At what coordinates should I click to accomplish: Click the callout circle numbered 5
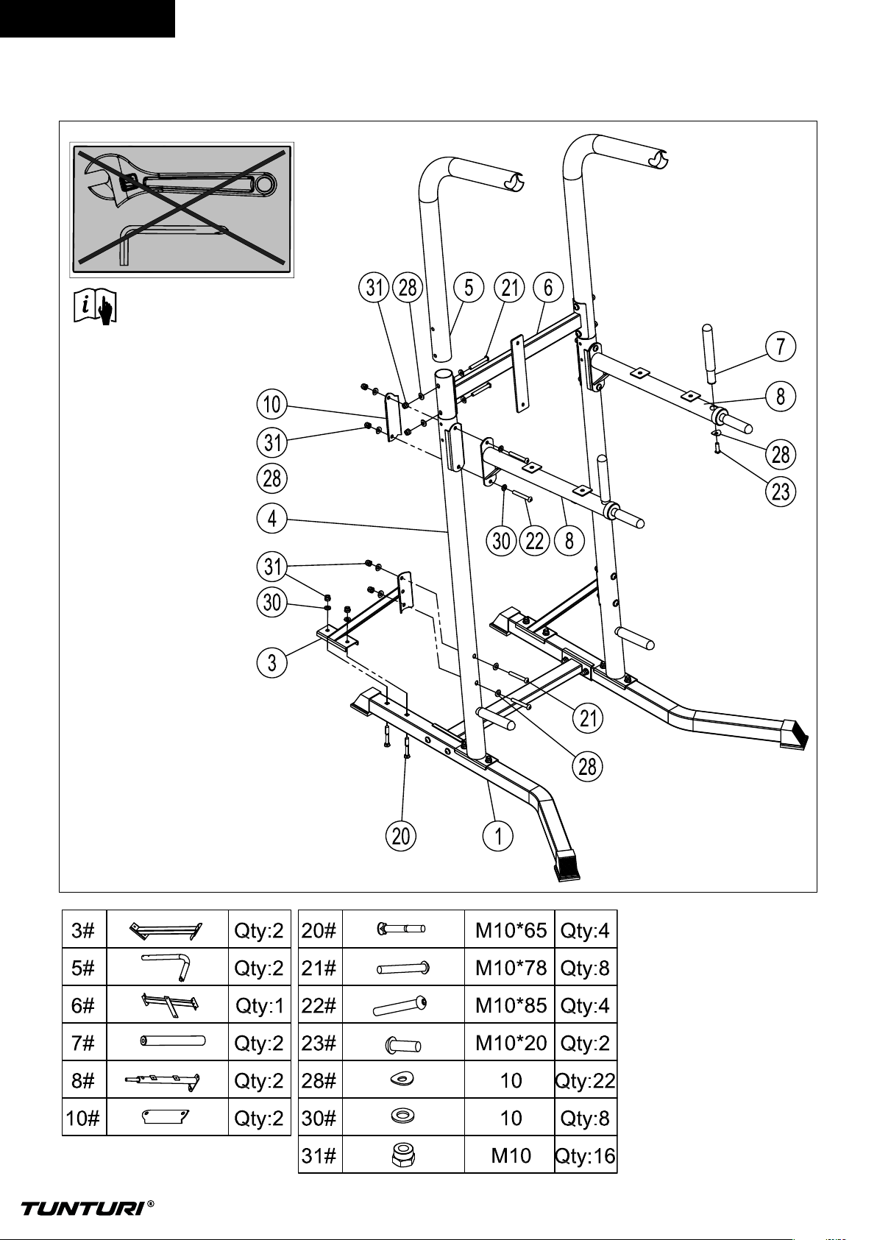click(469, 288)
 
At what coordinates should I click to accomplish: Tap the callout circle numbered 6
click(548, 288)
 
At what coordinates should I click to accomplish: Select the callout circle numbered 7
click(780, 347)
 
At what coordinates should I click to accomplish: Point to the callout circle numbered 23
click(780, 492)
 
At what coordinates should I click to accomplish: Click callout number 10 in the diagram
click(272, 405)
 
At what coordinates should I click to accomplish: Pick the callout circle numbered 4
click(272, 520)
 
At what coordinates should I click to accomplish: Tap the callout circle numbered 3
click(272, 662)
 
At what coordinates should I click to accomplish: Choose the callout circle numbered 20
click(401, 836)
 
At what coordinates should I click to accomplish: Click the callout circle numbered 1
click(498, 836)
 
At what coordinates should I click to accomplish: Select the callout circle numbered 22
click(534, 541)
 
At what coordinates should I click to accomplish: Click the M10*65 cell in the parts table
click(511, 931)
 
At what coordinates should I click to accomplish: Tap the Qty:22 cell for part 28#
click(586, 1080)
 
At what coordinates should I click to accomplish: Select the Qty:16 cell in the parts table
click(586, 1156)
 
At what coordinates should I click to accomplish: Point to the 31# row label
click(319, 1156)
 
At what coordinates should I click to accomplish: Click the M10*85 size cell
click(511, 1005)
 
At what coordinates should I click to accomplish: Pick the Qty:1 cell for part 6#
click(260, 1005)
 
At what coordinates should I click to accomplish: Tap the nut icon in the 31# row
click(403, 1156)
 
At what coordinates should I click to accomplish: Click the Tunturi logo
click(88, 1208)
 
